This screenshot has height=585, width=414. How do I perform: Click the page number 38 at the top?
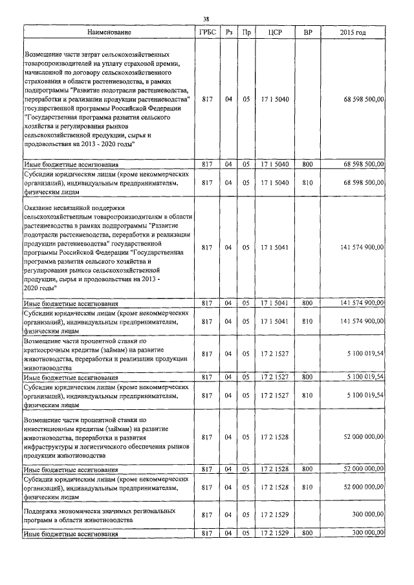206,19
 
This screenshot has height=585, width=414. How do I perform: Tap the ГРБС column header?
207,32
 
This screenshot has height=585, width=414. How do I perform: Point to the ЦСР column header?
272,32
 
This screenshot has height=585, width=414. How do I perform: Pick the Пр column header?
246,32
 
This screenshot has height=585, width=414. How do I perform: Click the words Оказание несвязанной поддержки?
64,207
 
